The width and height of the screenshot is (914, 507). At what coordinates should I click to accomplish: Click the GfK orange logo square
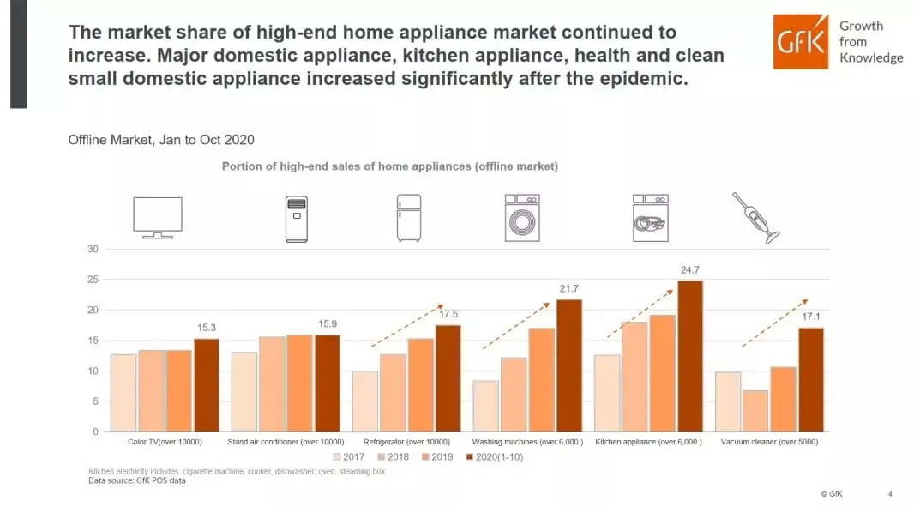click(801, 41)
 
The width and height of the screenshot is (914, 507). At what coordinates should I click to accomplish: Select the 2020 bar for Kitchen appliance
click(690, 356)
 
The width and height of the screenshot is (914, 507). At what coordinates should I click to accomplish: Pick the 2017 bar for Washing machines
click(486, 406)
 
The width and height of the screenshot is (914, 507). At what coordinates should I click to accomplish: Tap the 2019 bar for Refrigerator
click(420, 385)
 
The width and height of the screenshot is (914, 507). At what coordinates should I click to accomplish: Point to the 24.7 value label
click(690, 269)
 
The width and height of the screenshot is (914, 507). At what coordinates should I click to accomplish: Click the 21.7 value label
click(569, 288)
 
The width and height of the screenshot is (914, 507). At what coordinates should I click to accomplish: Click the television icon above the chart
click(157, 217)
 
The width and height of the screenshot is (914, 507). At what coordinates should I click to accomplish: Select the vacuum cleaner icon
click(755, 218)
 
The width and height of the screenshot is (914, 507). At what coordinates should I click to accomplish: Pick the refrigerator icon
click(409, 218)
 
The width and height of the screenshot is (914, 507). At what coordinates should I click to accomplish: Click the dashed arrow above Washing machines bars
click(515, 325)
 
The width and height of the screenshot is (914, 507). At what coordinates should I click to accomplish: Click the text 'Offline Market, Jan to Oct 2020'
click(161, 140)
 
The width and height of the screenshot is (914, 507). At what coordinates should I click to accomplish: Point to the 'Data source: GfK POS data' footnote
click(137, 480)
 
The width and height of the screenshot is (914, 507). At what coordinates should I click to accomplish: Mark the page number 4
click(889, 494)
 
